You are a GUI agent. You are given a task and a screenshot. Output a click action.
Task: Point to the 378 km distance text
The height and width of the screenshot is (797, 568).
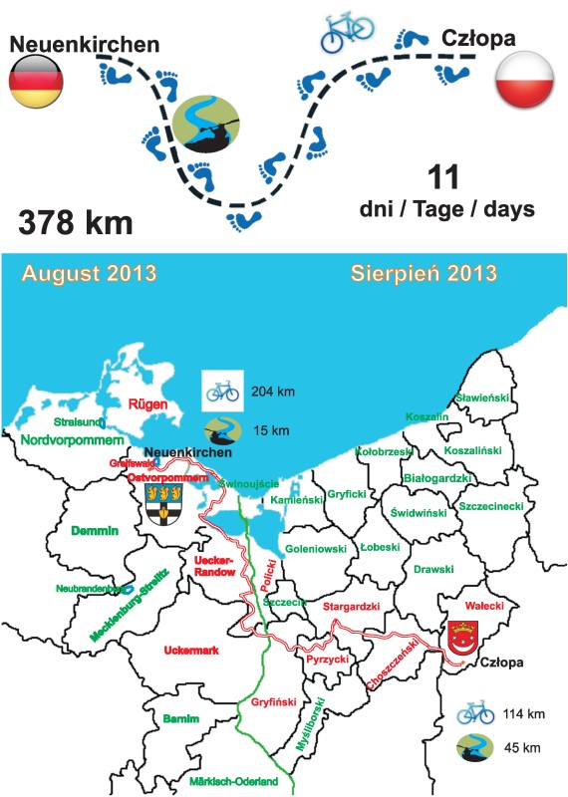point(76,222)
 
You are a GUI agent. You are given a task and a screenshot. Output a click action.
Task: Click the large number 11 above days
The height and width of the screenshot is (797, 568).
point(441,178)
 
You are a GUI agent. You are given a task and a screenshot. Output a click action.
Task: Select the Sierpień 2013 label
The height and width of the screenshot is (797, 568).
point(424,272)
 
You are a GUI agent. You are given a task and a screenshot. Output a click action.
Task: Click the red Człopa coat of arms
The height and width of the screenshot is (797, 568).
point(460,640)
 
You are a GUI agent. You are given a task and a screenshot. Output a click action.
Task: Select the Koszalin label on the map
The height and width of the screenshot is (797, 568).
point(426,416)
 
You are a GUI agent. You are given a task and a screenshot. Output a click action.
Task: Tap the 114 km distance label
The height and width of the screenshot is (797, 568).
point(523,714)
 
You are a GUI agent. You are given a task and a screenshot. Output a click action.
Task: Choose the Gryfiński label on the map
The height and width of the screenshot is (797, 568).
point(268,702)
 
